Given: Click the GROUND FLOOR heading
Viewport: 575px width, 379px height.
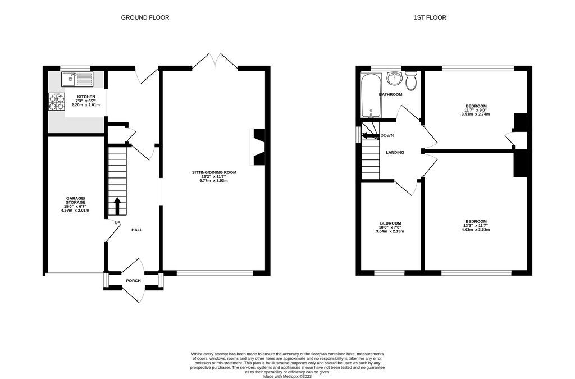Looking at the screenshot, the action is tap(145, 17).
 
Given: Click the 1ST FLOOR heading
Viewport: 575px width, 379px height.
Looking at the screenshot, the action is tap(430, 17).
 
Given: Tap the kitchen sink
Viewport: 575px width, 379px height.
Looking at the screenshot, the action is tap(77, 79).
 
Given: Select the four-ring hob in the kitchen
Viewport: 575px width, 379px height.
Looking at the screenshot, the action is tap(57, 102).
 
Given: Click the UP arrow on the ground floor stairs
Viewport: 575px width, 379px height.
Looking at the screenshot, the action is tap(117, 206).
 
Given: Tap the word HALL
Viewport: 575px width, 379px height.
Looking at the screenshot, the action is tap(137, 230).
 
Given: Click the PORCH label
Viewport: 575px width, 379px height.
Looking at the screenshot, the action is tap(133, 281).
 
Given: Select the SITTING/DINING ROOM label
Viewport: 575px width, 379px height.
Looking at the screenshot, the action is tap(214, 172).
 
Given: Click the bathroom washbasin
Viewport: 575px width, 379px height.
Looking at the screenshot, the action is tap(395, 78).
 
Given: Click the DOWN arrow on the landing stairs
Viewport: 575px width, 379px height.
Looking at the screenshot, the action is tap(371, 136).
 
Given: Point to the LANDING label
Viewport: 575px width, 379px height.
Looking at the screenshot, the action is tap(395, 153).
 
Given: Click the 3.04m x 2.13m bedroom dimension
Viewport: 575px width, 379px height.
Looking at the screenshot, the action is tap(390, 231).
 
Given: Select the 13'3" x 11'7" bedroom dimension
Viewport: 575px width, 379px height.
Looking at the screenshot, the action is tap(476, 225).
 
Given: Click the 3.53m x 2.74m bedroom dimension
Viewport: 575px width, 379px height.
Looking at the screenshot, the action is tap(476, 114).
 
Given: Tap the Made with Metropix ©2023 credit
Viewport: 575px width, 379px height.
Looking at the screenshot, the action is tap(287, 376).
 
